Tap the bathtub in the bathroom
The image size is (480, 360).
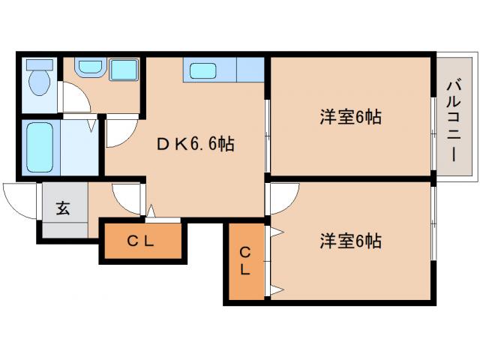37,147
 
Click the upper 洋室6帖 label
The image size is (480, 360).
350,118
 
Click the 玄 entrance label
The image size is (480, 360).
63,208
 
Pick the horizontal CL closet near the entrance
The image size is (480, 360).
140,241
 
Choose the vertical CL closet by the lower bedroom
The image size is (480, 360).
245,262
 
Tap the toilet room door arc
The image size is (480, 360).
73,99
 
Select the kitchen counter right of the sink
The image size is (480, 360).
250,70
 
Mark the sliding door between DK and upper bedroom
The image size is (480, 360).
267,135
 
